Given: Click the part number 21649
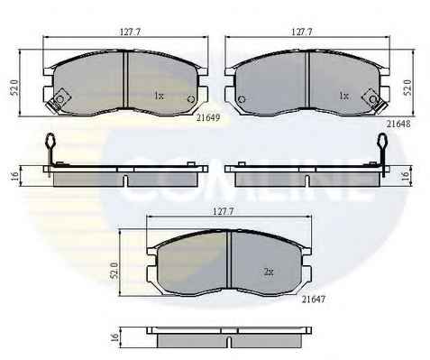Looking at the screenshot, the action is pyautogui.click(x=208, y=117).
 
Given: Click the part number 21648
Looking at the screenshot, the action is pyautogui.click(x=398, y=124).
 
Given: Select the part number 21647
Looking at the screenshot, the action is pyautogui.click(x=314, y=299).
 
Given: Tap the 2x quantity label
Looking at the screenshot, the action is pyautogui.click(x=269, y=272).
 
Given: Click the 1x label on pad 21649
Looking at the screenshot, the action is pyautogui.click(x=159, y=96).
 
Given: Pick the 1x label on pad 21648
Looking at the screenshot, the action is pyautogui.click(x=344, y=96).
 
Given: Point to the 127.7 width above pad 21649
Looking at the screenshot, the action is pyautogui.click(x=130, y=32).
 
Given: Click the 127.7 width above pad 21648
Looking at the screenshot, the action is pyautogui.click(x=302, y=32).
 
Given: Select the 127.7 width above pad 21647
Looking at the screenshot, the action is pyautogui.click(x=223, y=211).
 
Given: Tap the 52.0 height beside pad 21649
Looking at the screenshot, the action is pyautogui.click(x=14, y=88).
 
